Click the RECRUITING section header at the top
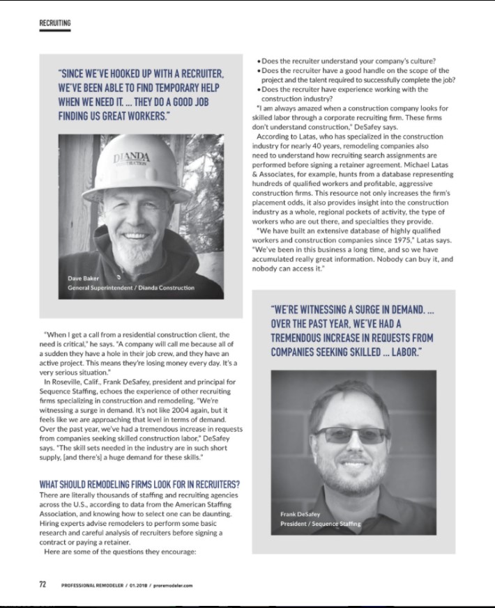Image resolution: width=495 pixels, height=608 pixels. pos(54,23)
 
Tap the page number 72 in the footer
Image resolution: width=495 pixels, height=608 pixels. pos(43,584)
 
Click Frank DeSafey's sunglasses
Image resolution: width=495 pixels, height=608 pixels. pos(351,435)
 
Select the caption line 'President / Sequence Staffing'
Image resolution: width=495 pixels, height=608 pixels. pos(320,523)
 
